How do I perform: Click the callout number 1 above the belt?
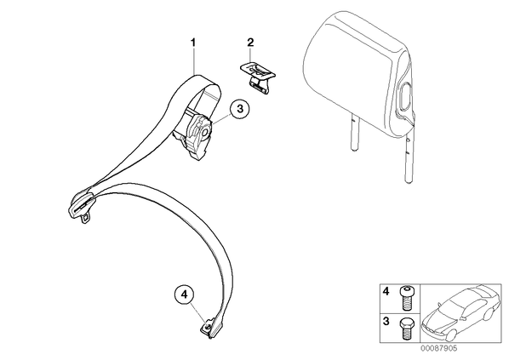pos(193,43)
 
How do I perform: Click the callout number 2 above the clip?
pos(250,43)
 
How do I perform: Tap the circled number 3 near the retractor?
pos(239,109)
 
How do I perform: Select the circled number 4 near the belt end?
pos(184,294)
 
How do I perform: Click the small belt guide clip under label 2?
pos(258,77)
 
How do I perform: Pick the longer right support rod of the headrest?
pos(409,152)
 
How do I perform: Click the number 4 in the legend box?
pos(386,292)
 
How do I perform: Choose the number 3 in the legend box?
pos(386,322)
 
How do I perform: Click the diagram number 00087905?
pos(439,348)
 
